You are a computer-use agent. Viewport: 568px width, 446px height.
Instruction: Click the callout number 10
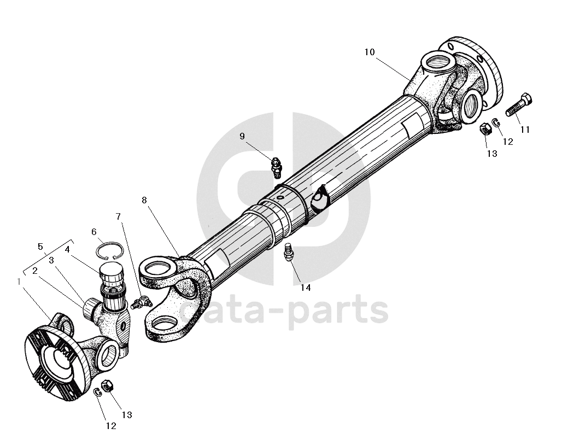coord(370,52)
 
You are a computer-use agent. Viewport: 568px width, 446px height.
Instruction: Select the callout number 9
coord(242,136)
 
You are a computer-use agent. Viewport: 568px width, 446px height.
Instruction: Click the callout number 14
coord(306,287)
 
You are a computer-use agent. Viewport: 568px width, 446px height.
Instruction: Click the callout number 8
coord(144,200)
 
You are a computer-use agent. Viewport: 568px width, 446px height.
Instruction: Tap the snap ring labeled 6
coord(109,250)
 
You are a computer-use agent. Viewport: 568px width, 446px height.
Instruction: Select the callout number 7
coord(119,217)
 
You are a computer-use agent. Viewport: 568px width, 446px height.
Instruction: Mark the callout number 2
coord(34,270)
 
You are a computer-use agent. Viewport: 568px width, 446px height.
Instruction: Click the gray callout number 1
coord(20,281)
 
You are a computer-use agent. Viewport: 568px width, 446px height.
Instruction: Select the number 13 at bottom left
coord(127,415)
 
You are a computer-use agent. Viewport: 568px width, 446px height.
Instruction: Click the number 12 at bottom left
coord(111,426)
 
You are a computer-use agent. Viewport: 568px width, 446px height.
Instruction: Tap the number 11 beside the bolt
coord(525,130)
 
